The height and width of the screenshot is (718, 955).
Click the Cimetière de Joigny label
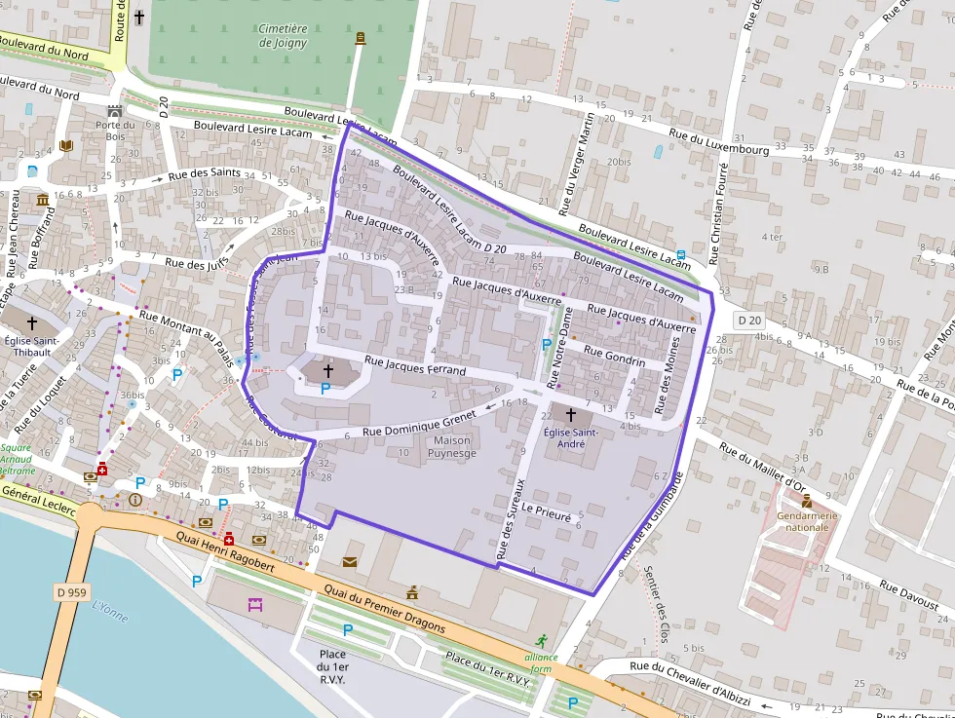[283, 36]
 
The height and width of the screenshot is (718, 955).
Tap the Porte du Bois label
[115, 130]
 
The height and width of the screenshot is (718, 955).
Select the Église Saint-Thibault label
[31, 347]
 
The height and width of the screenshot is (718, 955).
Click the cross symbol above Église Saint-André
[570, 415]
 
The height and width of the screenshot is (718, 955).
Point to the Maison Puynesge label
[450, 447]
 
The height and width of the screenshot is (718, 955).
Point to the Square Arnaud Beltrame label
[17, 460]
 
